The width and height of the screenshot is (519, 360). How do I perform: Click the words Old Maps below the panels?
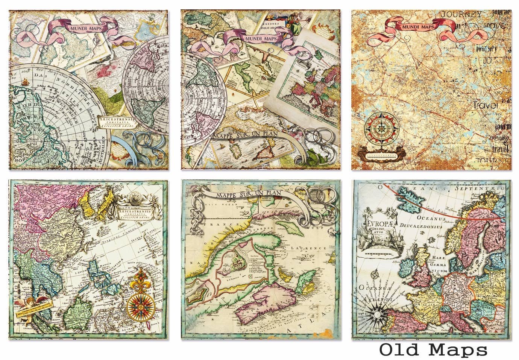coord(434,349)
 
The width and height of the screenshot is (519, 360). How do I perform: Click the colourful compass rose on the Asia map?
coord(138,301)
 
